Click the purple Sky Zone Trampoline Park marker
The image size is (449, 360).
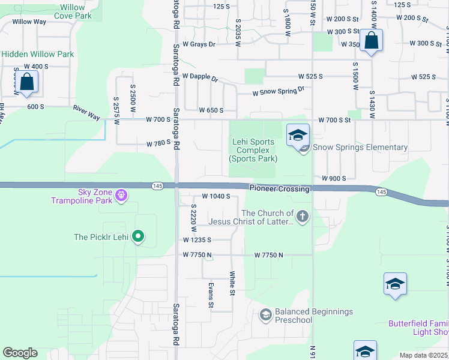pyautogui.click(x=121, y=195)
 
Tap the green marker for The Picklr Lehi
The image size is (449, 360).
pyautogui.click(x=138, y=237)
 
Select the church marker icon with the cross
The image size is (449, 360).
pyautogui.click(x=303, y=217)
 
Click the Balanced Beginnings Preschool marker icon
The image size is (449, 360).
pyautogui.click(x=265, y=314)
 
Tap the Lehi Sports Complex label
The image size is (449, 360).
pyautogui.click(x=253, y=151)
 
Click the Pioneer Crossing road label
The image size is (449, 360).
pyautogui.click(x=280, y=188)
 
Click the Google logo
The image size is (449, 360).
pyautogui.click(x=20, y=353)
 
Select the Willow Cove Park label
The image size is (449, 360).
pyautogui.click(x=72, y=11)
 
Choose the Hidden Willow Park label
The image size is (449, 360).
pyautogui.click(x=37, y=54)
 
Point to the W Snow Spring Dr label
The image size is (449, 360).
pyautogui.click(x=279, y=91)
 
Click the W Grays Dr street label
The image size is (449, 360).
pyautogui.click(x=199, y=44)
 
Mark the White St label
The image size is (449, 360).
pyautogui.click(x=232, y=283)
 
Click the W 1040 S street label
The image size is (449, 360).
pyautogui.click(x=216, y=196)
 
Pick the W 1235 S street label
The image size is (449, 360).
pyautogui.click(x=198, y=240)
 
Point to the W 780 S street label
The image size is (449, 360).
pyautogui.click(x=159, y=144)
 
